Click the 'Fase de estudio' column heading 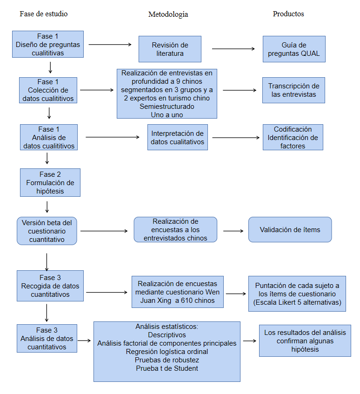click(x=43, y=14)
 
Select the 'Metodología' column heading click(x=168, y=14)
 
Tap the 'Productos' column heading click(x=288, y=14)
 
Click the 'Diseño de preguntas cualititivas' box click(x=48, y=45)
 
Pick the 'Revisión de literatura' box click(x=170, y=49)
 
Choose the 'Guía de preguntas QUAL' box click(x=294, y=49)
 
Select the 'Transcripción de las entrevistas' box click(x=294, y=90)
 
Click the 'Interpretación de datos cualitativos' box click(x=177, y=137)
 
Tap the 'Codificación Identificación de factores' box click(x=293, y=137)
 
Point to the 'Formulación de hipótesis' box click(x=50, y=183)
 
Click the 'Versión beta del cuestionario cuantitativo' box click(x=47, y=231)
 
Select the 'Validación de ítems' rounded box click(x=290, y=230)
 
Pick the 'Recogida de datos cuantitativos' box click(x=50, y=286)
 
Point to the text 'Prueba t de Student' click(x=167, y=368)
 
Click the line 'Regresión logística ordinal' click(x=167, y=352)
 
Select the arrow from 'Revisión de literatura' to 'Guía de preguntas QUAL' click(x=234, y=48)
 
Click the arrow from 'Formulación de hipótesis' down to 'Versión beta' click(x=47, y=206)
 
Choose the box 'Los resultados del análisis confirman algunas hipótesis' click(x=305, y=341)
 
